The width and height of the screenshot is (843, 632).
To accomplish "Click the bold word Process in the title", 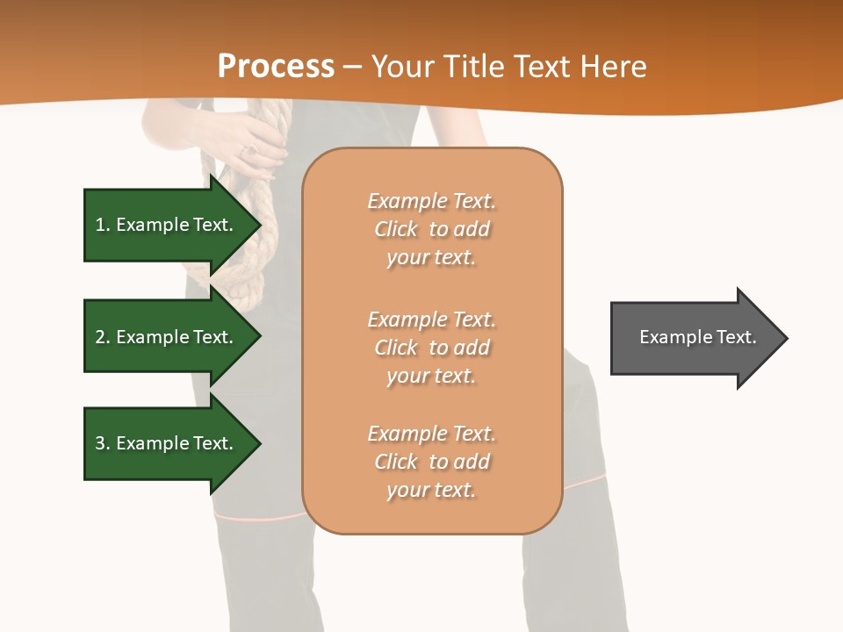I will (276, 67).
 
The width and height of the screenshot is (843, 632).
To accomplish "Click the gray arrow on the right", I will (694, 338).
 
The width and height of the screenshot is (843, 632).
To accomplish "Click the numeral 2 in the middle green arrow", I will (100, 337).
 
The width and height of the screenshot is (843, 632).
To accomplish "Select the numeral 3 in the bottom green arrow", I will (100, 443).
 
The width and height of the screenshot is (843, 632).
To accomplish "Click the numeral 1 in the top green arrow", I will (99, 225).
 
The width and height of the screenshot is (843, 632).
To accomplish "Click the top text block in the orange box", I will (431, 229).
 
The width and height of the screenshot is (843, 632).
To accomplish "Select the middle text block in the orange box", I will (431, 348).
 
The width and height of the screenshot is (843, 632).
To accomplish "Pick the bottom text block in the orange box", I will (431, 462).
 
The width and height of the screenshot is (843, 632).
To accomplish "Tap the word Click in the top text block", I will (396, 229).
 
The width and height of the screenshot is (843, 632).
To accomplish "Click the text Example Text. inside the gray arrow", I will (697, 337).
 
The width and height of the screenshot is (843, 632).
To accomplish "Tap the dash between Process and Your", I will (352, 68).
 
